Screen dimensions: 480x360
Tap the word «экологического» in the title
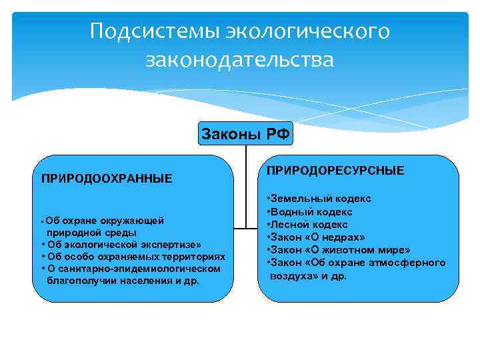[308, 31]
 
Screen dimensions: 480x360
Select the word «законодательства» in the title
[239, 61]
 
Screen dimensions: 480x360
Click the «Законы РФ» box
[245, 134]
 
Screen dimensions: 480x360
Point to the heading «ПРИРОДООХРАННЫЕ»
[107, 178]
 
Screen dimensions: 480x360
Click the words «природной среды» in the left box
[91, 233]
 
